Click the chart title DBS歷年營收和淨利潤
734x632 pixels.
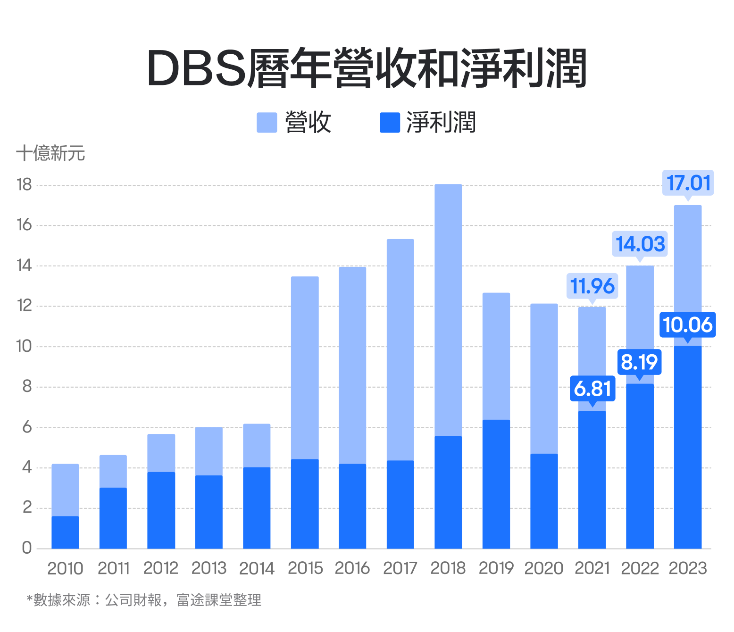coord(367,69)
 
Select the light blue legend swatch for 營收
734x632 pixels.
coord(267,123)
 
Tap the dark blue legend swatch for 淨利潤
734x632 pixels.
coord(390,123)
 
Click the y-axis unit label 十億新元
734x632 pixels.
coord(50,153)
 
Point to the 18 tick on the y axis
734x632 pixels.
coord(24,184)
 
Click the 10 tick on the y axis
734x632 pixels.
coord(24,346)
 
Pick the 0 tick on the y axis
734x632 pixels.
coord(27,548)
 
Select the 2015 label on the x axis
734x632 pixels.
coord(305,568)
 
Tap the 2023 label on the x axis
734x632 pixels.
coord(687,568)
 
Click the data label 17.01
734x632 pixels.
coord(688,183)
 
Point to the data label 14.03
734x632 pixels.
coord(640,244)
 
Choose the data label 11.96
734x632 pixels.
coord(592,286)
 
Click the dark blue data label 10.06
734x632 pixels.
coord(687,325)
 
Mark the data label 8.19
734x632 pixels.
coord(639,362)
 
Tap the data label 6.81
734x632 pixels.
coord(592,389)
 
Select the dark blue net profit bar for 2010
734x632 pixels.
coord(65,533)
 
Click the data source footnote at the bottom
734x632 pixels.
coord(144,600)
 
